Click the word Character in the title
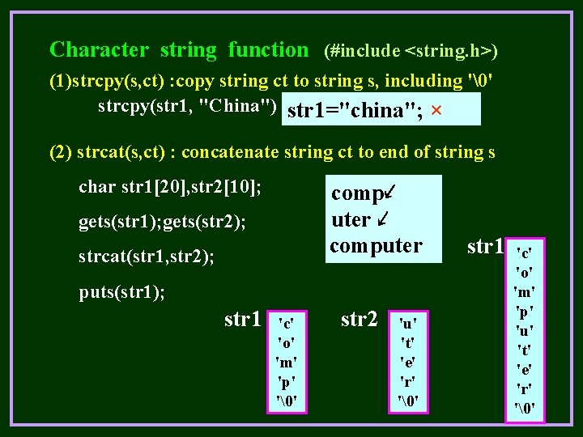[99, 50]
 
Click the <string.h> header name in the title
[447, 52]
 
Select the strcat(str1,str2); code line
[147, 257]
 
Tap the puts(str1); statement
[121, 291]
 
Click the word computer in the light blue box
[376, 245]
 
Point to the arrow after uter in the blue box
[384, 218]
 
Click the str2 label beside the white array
[360, 320]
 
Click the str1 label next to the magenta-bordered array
[486, 245]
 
